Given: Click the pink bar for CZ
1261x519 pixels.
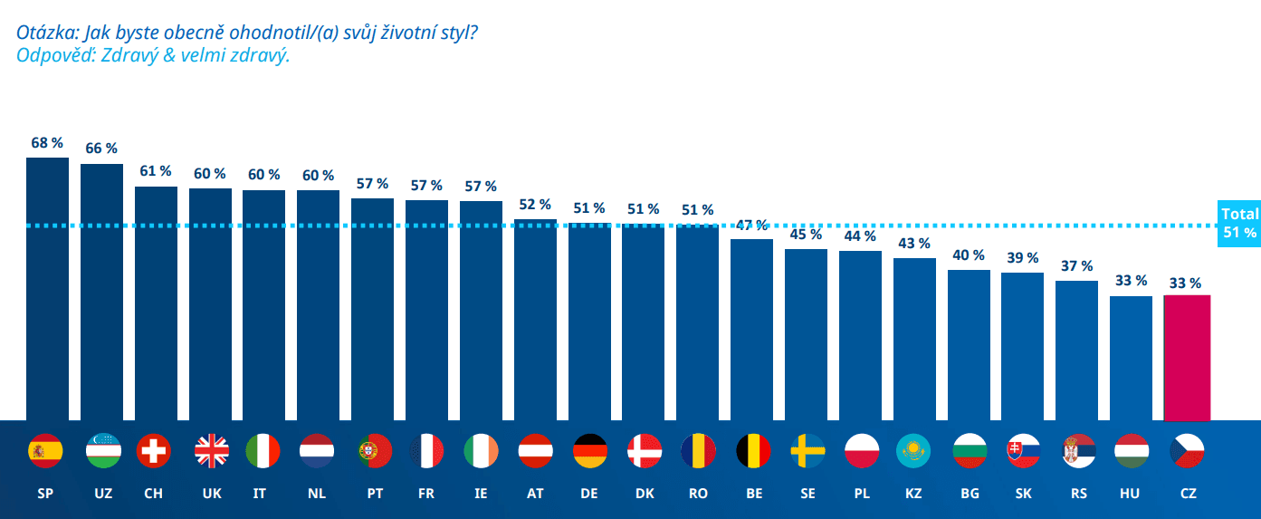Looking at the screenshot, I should (1187, 358).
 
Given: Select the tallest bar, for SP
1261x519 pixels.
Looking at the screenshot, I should (47, 290).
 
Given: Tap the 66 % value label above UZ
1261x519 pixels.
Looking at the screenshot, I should (100, 148).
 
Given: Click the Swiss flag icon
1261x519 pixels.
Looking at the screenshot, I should (153, 450).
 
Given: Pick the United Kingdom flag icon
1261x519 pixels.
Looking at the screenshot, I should (212, 450).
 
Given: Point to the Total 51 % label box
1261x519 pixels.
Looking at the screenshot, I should (1239, 223).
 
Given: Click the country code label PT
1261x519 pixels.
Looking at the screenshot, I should (373, 494).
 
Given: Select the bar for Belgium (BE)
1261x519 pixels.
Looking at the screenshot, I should (751, 331).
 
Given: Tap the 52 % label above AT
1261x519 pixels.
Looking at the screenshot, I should (534, 205).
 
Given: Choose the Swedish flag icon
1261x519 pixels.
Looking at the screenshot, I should (807, 450).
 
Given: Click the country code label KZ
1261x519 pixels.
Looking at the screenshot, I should (913, 494).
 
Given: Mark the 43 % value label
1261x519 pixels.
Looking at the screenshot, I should (914, 244).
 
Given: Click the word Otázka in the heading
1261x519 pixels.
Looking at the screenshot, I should (46, 33).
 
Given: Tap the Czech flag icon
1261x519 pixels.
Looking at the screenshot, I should (1188, 450).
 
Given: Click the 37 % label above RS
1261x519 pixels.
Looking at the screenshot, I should (1076, 266).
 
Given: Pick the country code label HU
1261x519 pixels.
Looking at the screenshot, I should (1130, 494).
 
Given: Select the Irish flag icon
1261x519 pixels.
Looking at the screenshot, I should (481, 450).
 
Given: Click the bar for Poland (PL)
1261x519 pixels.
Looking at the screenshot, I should (860, 335).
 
